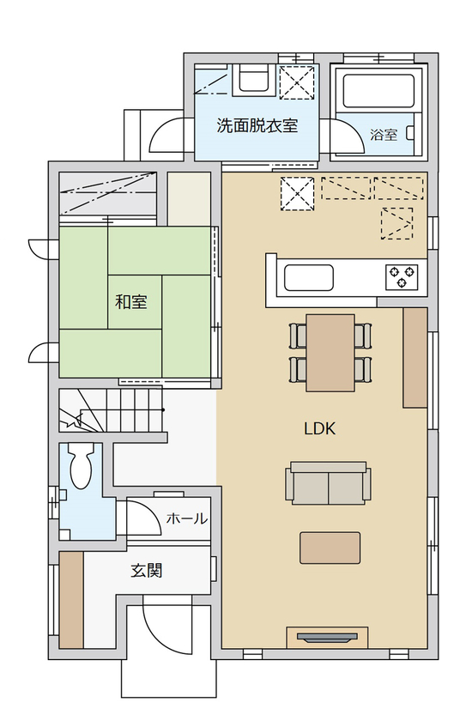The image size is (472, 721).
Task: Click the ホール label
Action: [x=185, y=518]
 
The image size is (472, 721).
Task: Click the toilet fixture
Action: [x=82, y=468]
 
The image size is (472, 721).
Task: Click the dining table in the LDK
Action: [x=330, y=352]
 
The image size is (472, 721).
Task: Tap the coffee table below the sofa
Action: [x=330, y=547]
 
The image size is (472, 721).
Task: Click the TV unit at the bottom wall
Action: [x=326, y=636]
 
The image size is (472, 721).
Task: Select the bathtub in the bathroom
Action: [x=378, y=92]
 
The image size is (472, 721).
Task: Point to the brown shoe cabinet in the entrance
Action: [x=71, y=599]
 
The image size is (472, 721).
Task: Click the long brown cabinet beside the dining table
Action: [x=415, y=357]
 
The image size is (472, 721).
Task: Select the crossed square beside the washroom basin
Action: [x=299, y=84]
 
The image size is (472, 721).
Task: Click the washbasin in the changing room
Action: [x=254, y=81]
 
